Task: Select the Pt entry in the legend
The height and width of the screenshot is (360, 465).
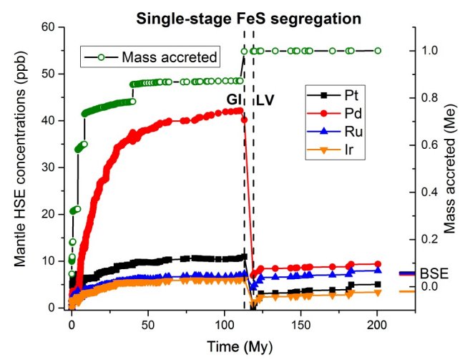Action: click(351, 94)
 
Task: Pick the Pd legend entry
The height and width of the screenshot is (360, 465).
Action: click(351, 112)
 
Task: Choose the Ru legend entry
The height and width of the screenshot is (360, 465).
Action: click(351, 131)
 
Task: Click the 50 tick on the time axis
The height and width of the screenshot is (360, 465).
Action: click(148, 321)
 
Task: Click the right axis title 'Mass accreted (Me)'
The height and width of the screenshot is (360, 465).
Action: click(452, 167)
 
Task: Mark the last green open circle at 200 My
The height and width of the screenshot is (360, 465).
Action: click(378, 51)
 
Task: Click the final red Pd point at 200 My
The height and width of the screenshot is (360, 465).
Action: click(378, 264)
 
